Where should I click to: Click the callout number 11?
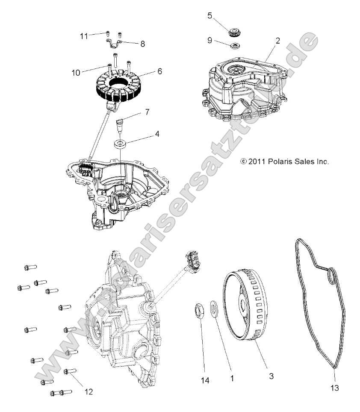(x=84, y=36)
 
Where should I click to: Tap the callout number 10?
(x=76, y=73)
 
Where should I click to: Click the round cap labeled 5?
(x=235, y=32)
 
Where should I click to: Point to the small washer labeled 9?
(x=234, y=46)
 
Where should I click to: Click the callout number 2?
(x=278, y=41)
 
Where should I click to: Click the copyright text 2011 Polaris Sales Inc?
(x=285, y=162)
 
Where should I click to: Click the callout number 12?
(x=89, y=391)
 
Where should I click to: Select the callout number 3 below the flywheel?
(x=271, y=376)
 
